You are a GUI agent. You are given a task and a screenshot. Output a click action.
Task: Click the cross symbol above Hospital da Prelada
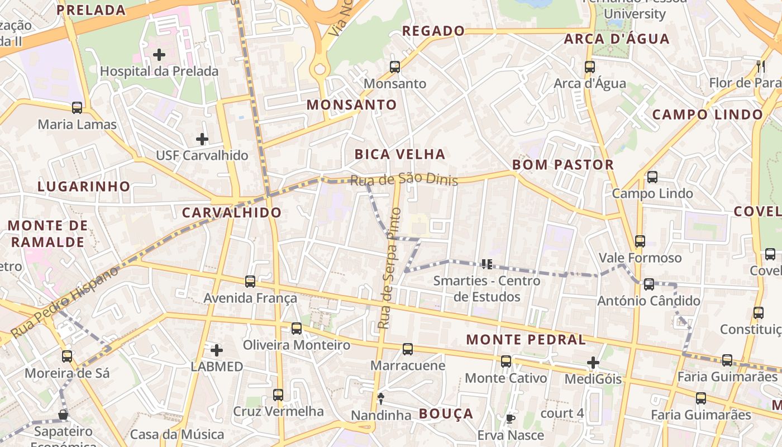click(159, 55)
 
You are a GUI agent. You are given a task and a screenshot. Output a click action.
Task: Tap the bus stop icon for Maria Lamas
click(77, 108)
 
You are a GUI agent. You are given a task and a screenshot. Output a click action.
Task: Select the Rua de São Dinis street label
click(404, 179)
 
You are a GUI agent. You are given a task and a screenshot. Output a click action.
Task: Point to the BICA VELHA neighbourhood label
click(400, 154)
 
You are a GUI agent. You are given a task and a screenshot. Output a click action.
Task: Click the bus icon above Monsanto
click(395, 67)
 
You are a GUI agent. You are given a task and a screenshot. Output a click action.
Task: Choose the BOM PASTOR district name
click(563, 165)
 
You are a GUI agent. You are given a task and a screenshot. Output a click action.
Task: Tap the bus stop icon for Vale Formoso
click(640, 241)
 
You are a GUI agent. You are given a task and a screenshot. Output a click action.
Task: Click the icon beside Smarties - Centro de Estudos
click(487, 264)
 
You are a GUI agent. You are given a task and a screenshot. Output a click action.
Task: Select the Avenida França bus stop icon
click(250, 282)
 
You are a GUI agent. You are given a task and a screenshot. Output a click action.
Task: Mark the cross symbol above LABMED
click(217, 350)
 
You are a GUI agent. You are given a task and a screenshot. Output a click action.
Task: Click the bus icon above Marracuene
click(408, 349)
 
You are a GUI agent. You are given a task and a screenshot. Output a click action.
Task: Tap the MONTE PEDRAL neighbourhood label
click(526, 339)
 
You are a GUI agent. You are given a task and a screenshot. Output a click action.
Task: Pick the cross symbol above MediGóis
click(593, 363)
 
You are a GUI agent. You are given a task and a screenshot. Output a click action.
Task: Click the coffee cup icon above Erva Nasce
click(510, 419)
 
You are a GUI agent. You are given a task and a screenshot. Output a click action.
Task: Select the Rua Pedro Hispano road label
click(65, 302)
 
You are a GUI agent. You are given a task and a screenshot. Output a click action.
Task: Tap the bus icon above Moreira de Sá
click(67, 356)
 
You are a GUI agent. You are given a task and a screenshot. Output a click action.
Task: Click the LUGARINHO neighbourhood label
click(84, 186)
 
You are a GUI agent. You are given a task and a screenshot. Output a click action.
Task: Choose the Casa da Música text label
click(177, 434)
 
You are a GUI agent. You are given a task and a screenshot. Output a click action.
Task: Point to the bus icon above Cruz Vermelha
click(278, 395)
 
